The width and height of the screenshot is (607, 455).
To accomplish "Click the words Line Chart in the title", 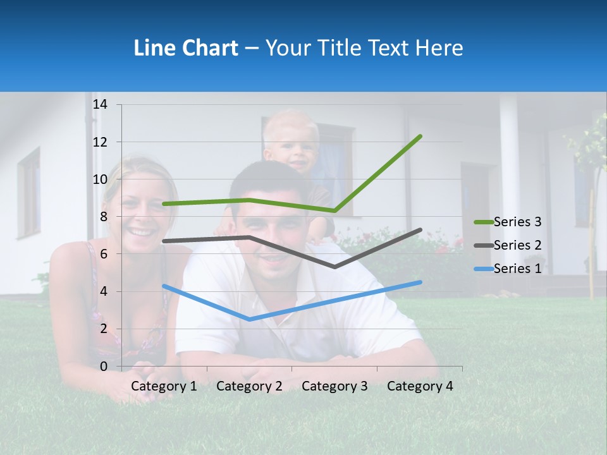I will [x=186, y=48].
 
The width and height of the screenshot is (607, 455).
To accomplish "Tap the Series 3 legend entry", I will [x=517, y=222].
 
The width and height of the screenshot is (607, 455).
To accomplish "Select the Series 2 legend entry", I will [x=517, y=245].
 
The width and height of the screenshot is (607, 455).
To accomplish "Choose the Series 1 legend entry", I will [x=517, y=269].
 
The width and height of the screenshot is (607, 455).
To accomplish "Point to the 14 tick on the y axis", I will [x=100, y=104].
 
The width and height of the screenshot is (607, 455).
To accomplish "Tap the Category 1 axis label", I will [x=164, y=386].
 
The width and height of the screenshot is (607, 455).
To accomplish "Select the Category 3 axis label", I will [x=334, y=386].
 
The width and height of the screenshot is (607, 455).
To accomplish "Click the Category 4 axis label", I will [x=420, y=386].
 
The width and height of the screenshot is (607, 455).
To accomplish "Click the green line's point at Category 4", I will [x=420, y=136].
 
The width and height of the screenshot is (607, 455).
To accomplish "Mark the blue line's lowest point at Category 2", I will [x=249, y=320].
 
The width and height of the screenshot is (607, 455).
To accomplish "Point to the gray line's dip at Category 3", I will [x=334, y=267].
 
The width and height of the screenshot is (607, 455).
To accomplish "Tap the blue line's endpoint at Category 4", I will [x=420, y=282].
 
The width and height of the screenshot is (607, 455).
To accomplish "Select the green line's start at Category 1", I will [x=164, y=204].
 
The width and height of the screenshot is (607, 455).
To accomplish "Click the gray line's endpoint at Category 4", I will [x=420, y=230].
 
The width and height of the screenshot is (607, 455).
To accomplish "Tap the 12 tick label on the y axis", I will [x=100, y=142].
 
